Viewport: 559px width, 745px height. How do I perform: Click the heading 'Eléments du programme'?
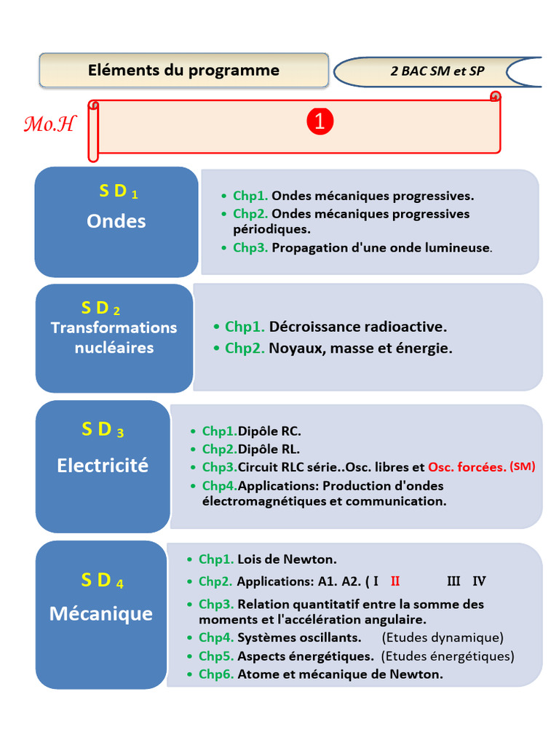point(183,71)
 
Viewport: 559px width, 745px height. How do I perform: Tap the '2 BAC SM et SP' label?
point(437,71)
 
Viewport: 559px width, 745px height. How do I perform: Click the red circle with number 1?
point(319,121)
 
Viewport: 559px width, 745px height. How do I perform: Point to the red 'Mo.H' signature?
point(49,124)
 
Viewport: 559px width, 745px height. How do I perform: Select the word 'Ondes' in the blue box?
point(116,221)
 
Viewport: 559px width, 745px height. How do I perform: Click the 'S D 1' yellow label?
point(119,191)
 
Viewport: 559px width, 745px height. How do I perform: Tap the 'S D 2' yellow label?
point(101,308)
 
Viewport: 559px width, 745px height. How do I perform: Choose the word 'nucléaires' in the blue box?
point(114,348)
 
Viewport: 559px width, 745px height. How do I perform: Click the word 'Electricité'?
point(103,465)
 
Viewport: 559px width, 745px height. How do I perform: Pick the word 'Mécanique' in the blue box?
point(101,613)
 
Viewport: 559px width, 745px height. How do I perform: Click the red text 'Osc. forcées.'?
point(467,467)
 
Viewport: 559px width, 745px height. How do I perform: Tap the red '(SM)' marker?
point(523,466)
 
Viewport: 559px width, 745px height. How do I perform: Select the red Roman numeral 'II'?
point(395,581)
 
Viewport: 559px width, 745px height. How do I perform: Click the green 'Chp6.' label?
point(216,674)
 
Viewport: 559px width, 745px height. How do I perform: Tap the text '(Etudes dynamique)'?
point(443,638)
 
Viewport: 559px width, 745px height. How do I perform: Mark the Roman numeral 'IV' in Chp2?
point(479,581)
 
